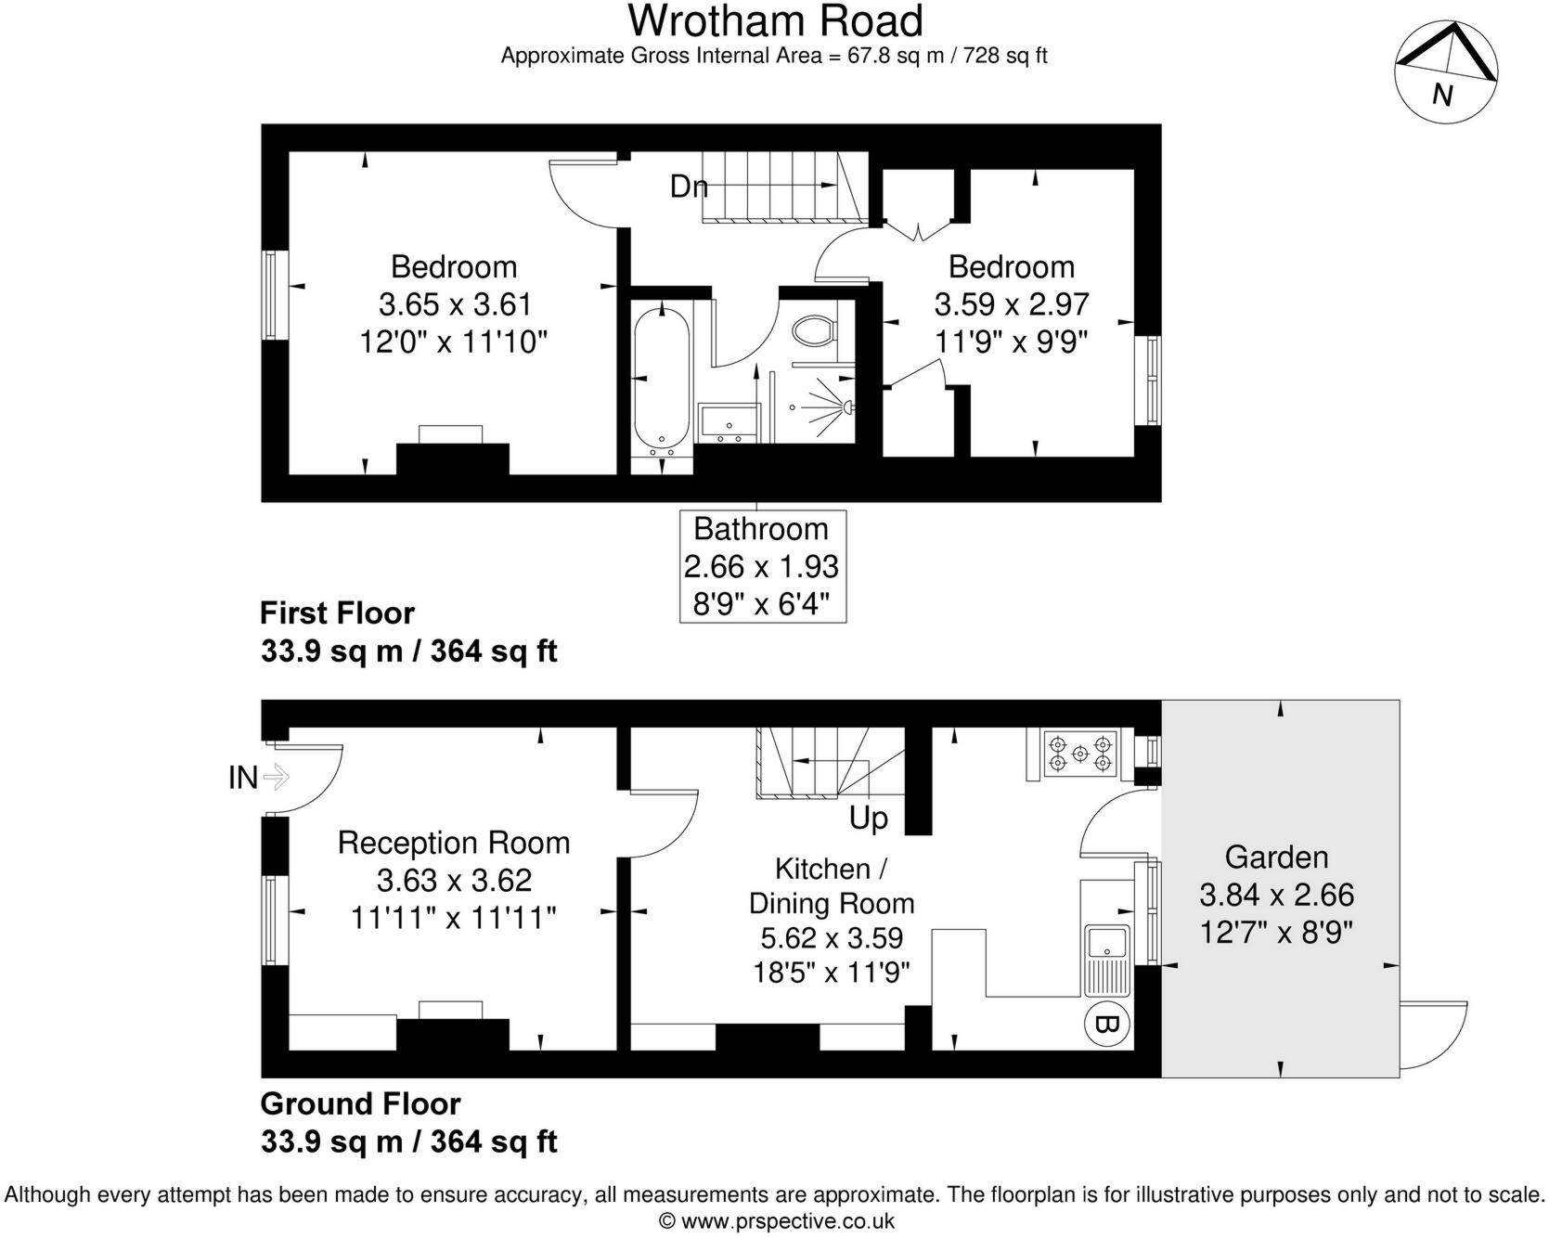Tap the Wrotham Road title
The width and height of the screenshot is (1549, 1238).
775,20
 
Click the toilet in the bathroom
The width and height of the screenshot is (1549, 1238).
816,329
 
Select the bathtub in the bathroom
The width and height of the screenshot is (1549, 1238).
661,380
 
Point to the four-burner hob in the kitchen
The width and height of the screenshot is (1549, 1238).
1079,754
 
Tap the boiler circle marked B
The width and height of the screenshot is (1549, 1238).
1107,1025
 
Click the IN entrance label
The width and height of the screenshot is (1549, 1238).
243,777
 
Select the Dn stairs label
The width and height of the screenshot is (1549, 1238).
689,187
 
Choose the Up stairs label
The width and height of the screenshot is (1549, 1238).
869,819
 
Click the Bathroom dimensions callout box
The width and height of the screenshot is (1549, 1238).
762,566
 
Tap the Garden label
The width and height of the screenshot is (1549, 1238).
1276,857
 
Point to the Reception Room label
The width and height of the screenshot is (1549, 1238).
454,843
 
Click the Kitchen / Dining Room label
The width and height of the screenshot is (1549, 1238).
832,885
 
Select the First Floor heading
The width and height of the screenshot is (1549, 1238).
337,613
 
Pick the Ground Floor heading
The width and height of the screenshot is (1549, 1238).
360,1103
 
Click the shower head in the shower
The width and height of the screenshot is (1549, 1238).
847,406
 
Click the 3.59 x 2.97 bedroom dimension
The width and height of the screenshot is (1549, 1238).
1011,304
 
